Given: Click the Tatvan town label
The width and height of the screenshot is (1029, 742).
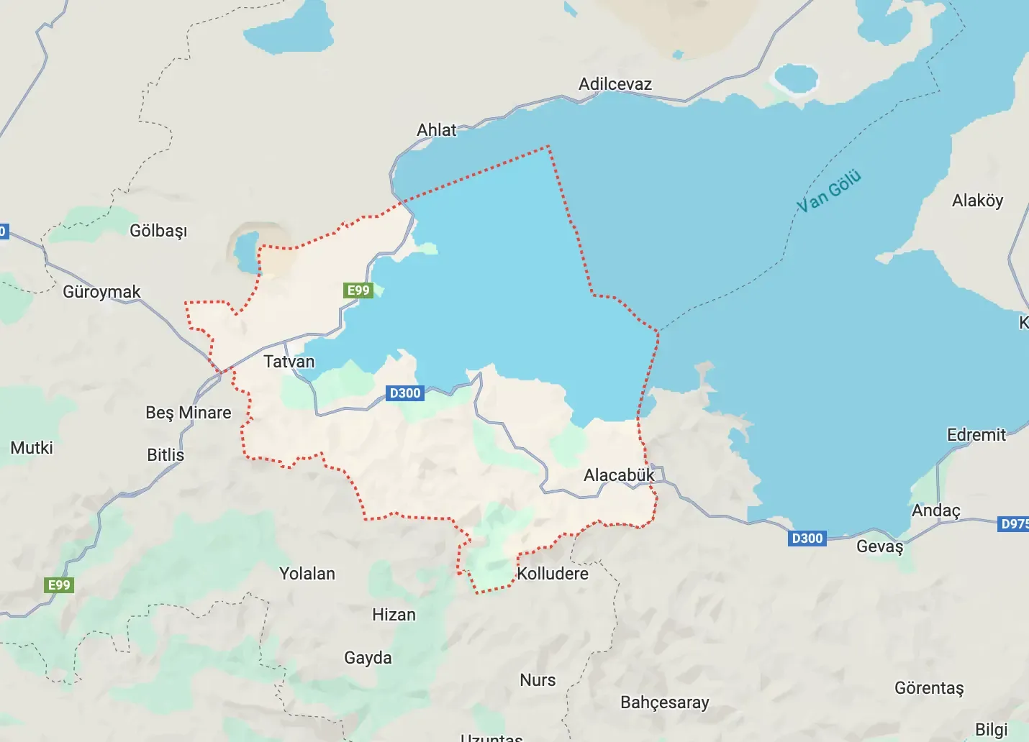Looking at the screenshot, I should [289, 362].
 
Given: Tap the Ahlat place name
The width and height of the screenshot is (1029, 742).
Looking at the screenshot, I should [436, 130].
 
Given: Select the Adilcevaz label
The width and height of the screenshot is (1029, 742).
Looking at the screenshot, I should [615, 84].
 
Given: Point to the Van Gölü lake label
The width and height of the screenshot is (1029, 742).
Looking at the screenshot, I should [828, 191].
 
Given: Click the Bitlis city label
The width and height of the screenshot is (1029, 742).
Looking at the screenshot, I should [166, 455].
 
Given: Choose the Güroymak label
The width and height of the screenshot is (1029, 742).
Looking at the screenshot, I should [101, 292].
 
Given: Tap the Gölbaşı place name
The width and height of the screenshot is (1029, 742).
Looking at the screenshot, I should [158, 231].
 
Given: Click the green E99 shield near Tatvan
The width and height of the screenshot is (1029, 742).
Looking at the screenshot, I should [358, 290].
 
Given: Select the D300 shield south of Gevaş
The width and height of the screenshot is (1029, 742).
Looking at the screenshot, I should [807, 539].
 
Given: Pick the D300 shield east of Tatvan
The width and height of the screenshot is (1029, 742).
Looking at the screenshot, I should [404, 393].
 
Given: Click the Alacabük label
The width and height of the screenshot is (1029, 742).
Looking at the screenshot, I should [619, 475].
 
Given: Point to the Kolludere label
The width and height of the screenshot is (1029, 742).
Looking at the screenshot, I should [553, 574].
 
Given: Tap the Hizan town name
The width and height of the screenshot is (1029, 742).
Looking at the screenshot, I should [394, 615].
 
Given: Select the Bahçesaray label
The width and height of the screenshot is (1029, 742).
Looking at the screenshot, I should [664, 702].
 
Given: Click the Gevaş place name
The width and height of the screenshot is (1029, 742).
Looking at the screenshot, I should [879, 546].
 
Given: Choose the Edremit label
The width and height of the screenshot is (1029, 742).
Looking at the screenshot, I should [976, 435].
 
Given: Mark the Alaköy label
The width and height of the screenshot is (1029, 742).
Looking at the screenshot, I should [977, 201].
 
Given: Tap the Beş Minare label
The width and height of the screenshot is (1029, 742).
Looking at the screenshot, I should [189, 413].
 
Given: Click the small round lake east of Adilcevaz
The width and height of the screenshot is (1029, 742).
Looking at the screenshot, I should [794, 79].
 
